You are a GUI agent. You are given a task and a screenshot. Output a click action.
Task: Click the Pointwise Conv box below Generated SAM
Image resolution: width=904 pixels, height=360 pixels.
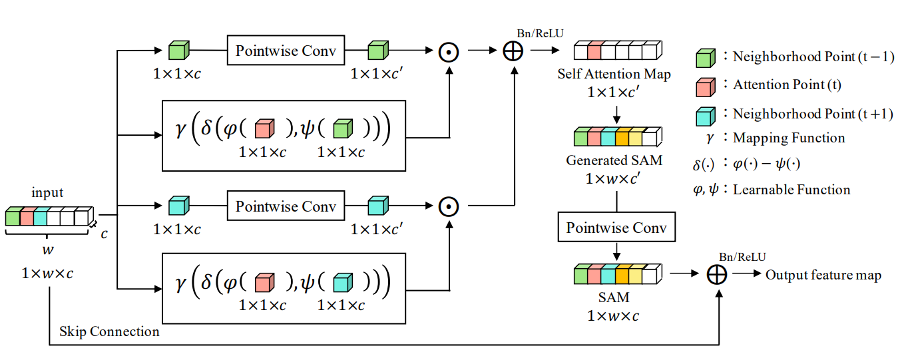[616, 228]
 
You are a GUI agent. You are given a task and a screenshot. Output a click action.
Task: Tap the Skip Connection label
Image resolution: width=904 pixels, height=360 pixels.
[109, 331]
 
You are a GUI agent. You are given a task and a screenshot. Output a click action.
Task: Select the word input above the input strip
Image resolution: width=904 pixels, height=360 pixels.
[47, 193]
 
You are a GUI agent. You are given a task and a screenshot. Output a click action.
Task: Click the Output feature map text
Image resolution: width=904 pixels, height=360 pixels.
[823, 275]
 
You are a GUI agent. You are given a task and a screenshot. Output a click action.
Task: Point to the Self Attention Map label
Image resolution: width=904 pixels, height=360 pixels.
[614, 74]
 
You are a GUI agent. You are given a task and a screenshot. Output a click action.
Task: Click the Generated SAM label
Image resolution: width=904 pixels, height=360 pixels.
[614, 161]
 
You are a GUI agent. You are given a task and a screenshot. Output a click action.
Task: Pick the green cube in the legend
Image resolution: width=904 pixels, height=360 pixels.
[706, 59]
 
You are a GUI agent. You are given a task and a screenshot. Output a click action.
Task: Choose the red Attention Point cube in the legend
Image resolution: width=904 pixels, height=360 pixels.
[706, 87]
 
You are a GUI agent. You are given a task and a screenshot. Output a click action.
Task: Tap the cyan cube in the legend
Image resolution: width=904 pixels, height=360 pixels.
[706, 115]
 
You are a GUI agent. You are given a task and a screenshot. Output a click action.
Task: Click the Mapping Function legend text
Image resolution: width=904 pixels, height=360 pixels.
[789, 138]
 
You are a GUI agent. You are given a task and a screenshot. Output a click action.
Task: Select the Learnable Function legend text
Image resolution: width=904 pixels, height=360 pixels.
[791, 190]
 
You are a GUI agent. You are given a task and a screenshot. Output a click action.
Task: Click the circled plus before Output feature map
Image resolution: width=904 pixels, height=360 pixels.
[716, 275]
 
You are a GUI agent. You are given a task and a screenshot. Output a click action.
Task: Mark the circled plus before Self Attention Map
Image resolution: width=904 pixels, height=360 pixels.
[513, 51]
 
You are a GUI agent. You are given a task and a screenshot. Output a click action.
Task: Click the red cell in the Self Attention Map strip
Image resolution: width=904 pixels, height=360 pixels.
[594, 51]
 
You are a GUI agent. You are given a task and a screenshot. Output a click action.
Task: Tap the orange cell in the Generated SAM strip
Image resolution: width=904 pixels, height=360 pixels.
[622, 138]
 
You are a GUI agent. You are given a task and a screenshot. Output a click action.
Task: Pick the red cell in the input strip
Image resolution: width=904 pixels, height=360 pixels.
[27, 217]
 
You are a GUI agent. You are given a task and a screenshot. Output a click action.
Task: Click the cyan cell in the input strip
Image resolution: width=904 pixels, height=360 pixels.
[41, 217]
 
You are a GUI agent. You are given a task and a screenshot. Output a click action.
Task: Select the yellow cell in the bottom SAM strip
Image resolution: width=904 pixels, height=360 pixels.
[636, 274]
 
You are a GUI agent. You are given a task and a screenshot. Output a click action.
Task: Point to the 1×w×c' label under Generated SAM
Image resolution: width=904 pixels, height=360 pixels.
[614, 179]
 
